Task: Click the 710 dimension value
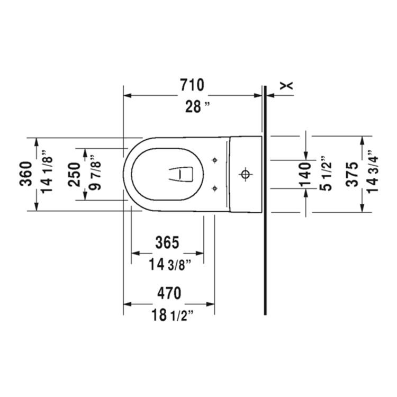192,85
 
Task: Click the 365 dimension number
167,242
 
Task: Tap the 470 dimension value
168,293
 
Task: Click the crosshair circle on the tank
245,173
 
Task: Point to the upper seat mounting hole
214,160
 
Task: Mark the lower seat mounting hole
214,187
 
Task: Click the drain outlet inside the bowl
183,173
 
